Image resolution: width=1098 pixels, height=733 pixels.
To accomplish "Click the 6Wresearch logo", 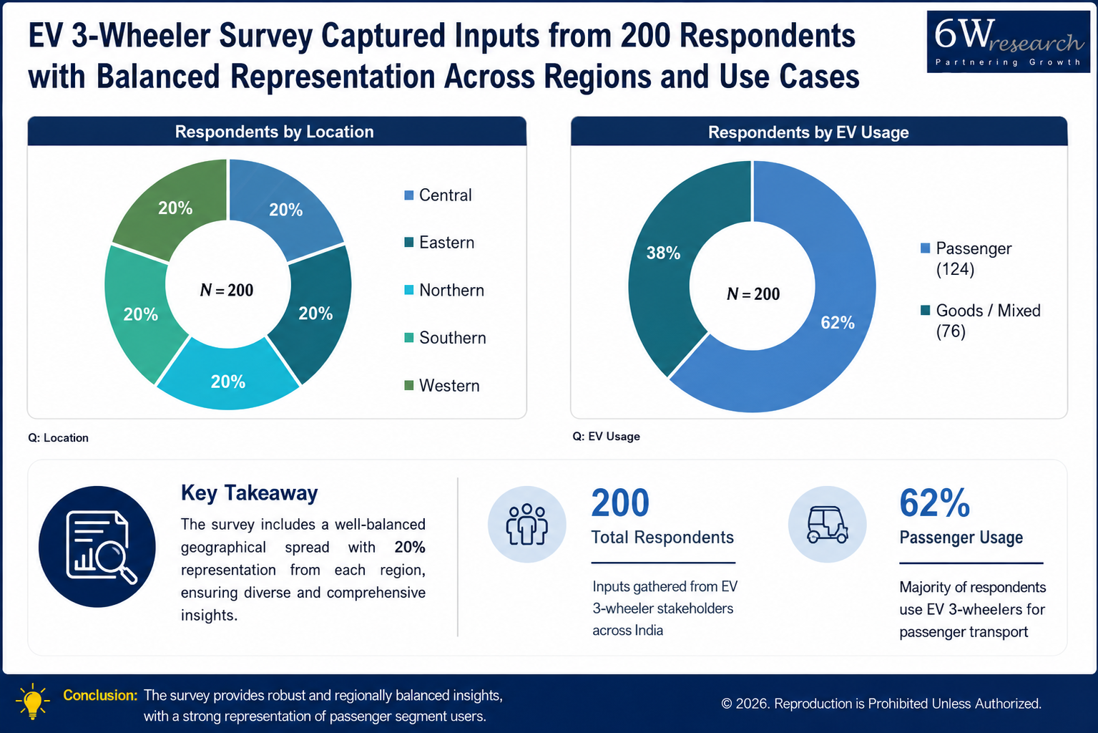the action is [x=1009, y=42].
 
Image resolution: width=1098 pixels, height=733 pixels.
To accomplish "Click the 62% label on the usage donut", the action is [x=838, y=322].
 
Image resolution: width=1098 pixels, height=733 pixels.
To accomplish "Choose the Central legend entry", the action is [x=438, y=195].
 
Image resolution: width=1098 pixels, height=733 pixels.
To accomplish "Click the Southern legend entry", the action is [x=445, y=338].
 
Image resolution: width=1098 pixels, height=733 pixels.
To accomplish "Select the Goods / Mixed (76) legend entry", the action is [x=981, y=321].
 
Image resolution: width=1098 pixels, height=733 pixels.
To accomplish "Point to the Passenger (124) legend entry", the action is [x=966, y=258].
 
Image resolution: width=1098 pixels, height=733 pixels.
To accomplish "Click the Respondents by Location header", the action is [x=275, y=132].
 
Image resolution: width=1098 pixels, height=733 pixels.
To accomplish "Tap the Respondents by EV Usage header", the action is [x=808, y=132].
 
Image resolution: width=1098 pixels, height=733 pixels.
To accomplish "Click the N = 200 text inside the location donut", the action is [x=227, y=290].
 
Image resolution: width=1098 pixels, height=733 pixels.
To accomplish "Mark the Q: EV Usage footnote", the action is [x=606, y=436].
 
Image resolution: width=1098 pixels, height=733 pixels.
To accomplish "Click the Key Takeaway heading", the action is [x=249, y=492].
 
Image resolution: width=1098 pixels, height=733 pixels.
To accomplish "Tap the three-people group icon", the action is [x=527, y=525].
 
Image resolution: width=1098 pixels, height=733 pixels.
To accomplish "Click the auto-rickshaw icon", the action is [x=828, y=525].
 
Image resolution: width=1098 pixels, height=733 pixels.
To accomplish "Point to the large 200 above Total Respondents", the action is [x=620, y=503].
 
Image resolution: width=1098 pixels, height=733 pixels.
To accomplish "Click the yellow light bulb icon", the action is [x=33, y=702].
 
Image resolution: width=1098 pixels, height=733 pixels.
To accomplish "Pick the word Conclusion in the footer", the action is [x=100, y=695].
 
